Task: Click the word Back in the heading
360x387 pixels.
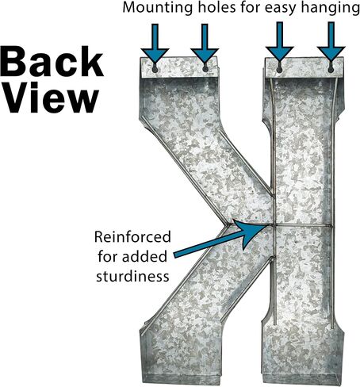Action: coord(52,61)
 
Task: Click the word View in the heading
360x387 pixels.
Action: coord(50,98)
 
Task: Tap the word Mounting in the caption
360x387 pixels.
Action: coord(158,9)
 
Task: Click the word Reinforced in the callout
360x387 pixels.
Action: coord(132,237)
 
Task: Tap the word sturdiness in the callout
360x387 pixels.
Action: coord(132,277)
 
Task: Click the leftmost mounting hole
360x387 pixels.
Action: coord(155,69)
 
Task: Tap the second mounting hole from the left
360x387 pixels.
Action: coord(205,68)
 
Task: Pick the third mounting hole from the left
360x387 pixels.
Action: coord(279,69)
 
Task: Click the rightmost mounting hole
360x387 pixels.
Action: coord(331,69)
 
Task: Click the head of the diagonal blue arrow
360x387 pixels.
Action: coord(251,232)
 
